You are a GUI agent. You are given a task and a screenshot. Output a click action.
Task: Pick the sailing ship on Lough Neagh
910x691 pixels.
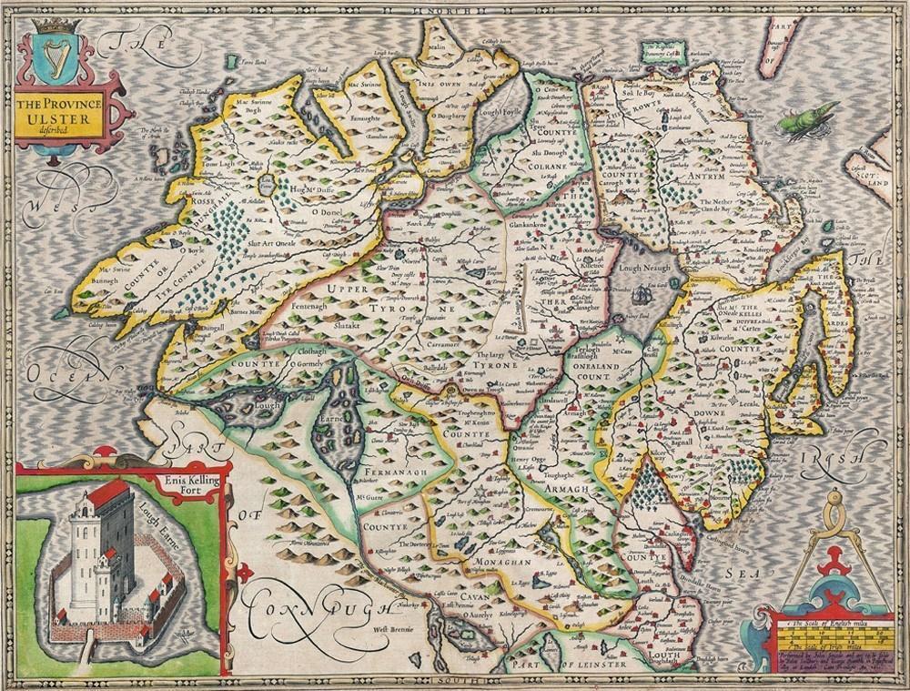click(643, 294)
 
